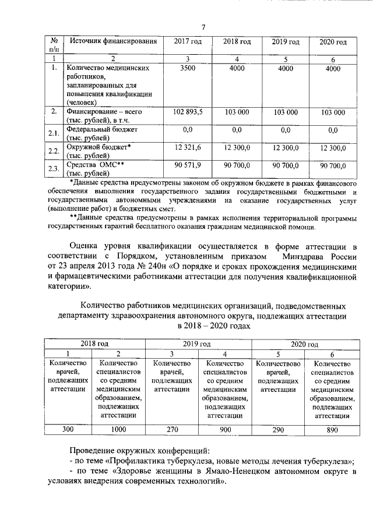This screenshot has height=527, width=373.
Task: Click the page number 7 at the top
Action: pos(205,27)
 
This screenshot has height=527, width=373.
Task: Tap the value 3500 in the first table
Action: pos(188,68)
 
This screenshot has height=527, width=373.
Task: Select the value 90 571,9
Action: pos(188,166)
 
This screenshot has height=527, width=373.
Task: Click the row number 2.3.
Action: pos(54,169)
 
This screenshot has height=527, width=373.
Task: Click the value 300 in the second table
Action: pos(68,430)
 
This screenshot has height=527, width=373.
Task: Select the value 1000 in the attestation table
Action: pos(118,430)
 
